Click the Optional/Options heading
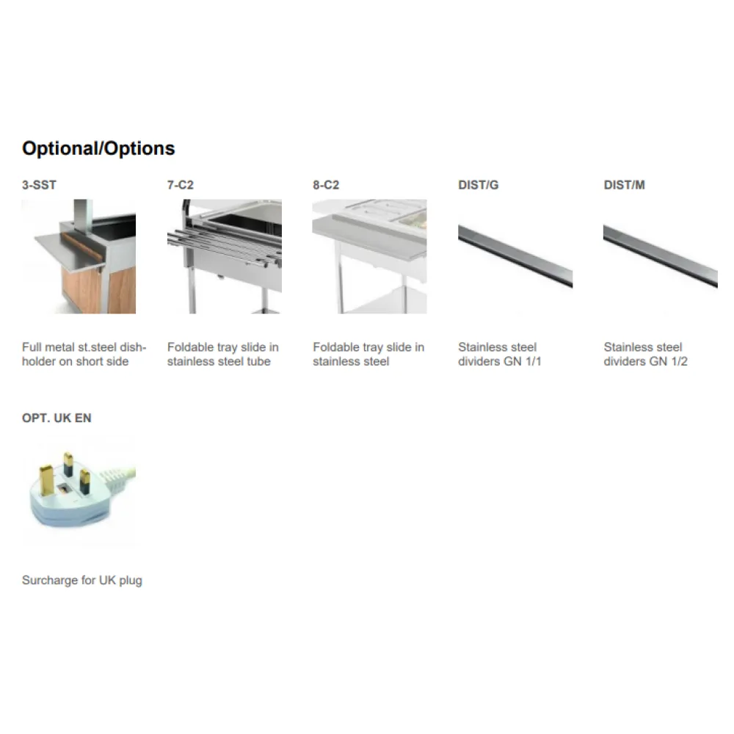(98, 148)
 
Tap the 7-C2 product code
(181, 185)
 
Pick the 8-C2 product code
(326, 185)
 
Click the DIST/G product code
(478, 185)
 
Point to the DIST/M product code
(624, 185)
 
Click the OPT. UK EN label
(57, 418)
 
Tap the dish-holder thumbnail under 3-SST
(79, 256)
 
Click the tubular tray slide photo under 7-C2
(224, 256)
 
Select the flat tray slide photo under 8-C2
(369, 256)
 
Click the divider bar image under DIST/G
(515, 256)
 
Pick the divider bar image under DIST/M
(660, 256)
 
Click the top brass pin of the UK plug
(68, 462)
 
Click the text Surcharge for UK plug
(82, 581)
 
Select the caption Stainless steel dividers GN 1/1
(499, 354)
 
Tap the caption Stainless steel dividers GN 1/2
(645, 354)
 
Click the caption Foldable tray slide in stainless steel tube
(222, 354)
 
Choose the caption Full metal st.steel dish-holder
(84, 354)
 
